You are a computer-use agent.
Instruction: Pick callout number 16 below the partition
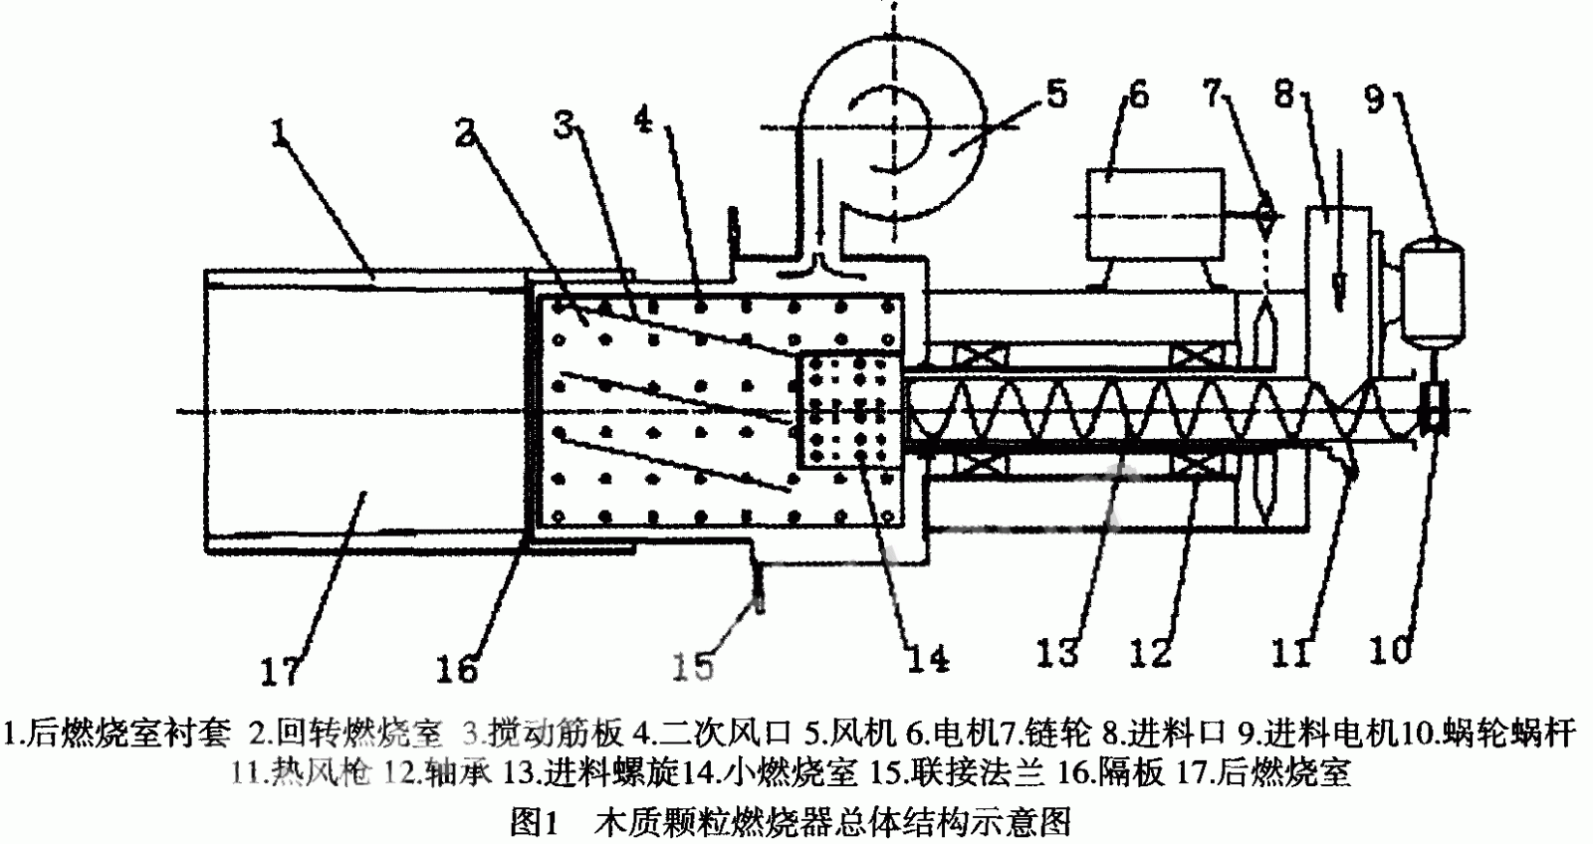[458, 670]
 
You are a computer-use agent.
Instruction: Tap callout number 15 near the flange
[691, 664]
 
